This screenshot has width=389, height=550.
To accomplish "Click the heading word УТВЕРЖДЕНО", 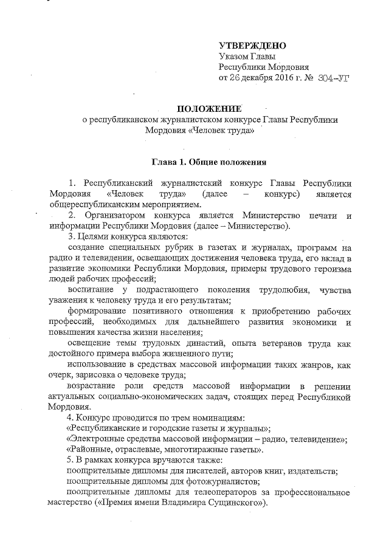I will [252, 46].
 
